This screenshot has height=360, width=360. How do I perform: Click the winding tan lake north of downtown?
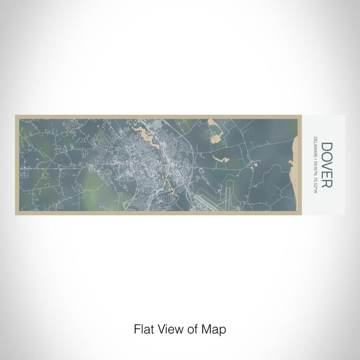(146, 135)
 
